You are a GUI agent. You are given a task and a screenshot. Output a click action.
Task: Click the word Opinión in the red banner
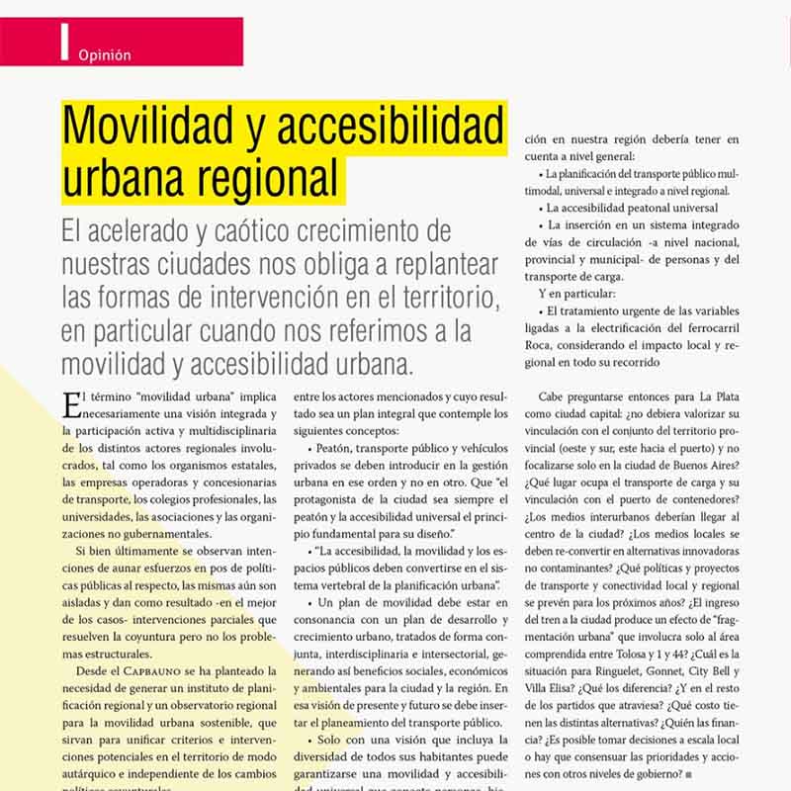[x=104, y=55]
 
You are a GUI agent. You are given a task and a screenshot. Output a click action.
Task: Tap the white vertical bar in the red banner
[x=64, y=42]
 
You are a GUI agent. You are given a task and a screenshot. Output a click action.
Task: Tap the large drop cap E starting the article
[x=69, y=402]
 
